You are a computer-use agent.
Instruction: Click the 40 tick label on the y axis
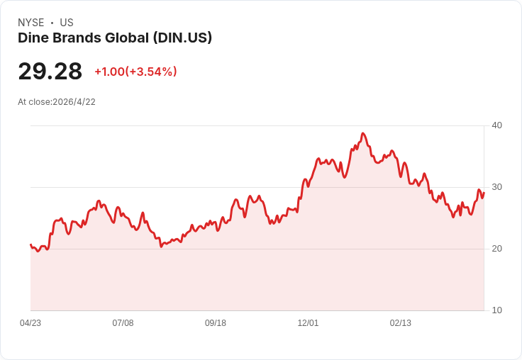point(496,125)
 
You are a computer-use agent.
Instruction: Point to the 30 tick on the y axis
point(496,187)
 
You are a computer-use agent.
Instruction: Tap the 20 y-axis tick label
point(496,249)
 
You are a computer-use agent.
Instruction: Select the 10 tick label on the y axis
point(496,310)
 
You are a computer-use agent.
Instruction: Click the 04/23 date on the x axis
point(30,323)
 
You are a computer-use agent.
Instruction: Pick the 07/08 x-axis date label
point(123,323)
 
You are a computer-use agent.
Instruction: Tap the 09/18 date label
point(216,323)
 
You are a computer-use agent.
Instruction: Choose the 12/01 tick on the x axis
point(308,323)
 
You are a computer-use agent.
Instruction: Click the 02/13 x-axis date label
point(401,323)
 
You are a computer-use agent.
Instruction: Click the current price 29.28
point(50,71)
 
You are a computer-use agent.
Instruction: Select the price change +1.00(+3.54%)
point(136,72)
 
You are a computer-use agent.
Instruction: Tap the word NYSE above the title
point(31,23)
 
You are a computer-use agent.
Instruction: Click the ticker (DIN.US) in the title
point(182,38)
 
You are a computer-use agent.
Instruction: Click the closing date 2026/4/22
point(74,102)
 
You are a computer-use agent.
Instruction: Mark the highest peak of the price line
point(363,133)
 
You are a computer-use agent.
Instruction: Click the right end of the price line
point(484,193)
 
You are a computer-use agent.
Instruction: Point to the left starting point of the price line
point(30,244)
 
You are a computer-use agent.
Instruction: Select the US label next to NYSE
point(67,23)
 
